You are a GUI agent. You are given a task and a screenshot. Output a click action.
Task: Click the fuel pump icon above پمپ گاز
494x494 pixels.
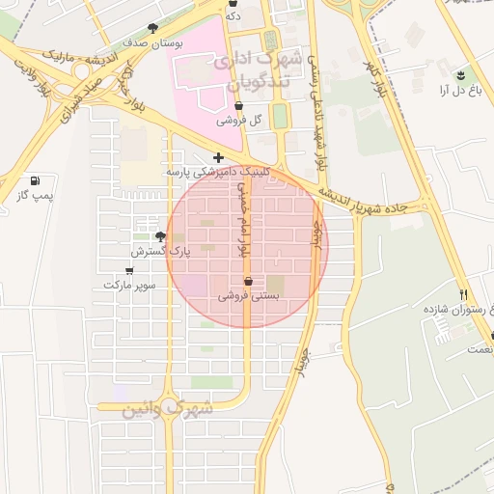pos(36,180)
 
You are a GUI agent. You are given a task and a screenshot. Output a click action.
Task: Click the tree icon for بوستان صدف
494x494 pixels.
pos(152,29)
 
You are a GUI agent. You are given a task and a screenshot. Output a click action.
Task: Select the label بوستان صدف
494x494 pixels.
pos(147,43)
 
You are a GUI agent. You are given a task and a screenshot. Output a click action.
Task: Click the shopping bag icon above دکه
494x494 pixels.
pos(233,3)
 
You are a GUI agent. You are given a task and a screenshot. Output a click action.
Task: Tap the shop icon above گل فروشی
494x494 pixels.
pos(238,105)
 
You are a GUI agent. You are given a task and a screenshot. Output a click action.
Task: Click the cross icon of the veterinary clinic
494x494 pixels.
pos(219,157)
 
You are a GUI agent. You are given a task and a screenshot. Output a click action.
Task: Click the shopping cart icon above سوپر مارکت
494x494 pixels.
pos(129,271)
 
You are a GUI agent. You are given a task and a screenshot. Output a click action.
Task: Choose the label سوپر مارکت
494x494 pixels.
pos(129,286)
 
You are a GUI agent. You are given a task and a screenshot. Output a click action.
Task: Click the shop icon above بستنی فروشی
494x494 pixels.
pos(249,282)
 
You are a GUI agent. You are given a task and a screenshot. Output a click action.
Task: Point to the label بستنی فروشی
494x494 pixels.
pos(250,297)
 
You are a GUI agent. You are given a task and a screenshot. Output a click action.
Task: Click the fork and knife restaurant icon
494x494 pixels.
pos(464,294)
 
